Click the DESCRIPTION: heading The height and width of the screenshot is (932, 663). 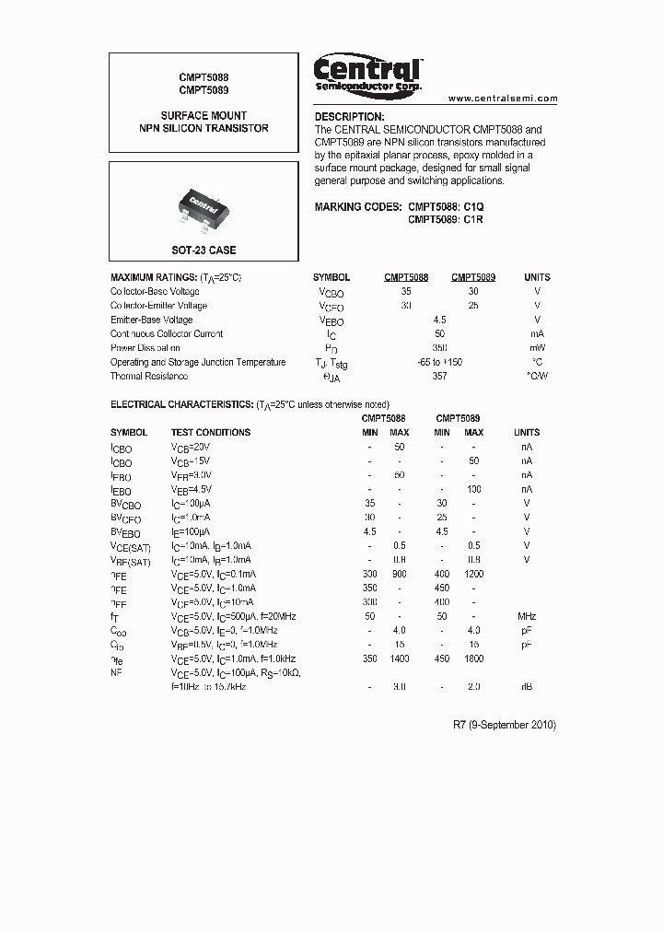click(349, 117)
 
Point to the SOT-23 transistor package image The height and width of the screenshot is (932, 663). click(203, 204)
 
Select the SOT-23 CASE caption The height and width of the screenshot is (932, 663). click(204, 250)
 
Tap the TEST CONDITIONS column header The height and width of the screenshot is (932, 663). click(210, 432)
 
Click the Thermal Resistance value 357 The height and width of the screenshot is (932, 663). click(439, 377)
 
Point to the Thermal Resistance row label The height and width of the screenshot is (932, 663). click(149, 377)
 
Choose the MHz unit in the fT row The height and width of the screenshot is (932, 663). click(527, 616)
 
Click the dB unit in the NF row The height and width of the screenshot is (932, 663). click(527, 687)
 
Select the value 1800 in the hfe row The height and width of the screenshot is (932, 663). click(473, 658)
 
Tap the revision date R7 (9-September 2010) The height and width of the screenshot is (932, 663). click(505, 725)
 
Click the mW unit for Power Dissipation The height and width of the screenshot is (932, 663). click(537, 348)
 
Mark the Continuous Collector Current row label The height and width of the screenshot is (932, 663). click(167, 334)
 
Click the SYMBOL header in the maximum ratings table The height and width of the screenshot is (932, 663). click(331, 277)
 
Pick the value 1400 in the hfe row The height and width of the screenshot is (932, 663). click(400, 658)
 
